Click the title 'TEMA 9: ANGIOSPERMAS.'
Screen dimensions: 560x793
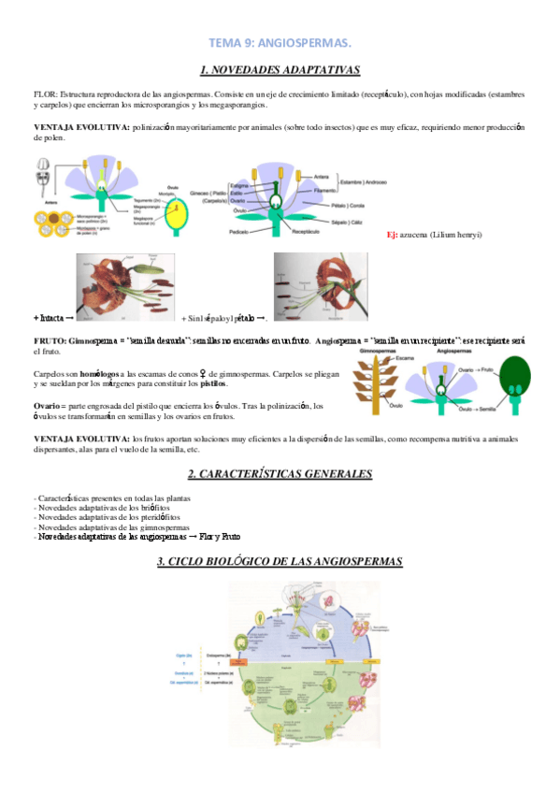(x=280, y=43)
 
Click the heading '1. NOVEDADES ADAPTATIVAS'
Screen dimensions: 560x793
(x=280, y=70)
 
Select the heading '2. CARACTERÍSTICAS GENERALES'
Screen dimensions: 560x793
(x=280, y=474)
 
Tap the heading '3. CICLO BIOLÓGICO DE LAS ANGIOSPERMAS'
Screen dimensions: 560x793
(x=280, y=562)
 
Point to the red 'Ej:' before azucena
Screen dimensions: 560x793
(x=393, y=234)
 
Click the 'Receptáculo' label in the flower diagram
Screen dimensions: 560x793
(x=306, y=230)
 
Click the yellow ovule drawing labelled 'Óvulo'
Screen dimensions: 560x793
(x=174, y=217)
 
